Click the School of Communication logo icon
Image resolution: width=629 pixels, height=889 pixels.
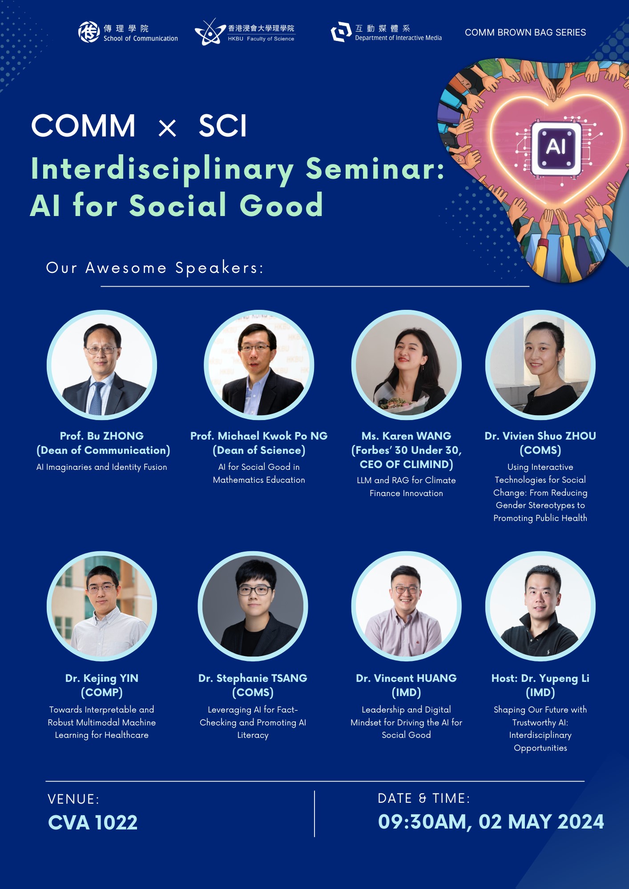89,32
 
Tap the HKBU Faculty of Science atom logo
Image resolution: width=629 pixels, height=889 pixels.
210,32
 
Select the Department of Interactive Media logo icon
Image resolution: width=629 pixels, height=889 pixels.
341,32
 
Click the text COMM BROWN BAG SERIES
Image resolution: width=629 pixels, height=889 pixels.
525,32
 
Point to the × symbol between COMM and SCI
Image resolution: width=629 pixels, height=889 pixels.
167,128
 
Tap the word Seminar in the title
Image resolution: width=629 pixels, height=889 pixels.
375,169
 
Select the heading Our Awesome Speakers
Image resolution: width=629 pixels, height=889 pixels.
155,268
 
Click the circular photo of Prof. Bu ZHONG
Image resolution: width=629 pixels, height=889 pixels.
102,365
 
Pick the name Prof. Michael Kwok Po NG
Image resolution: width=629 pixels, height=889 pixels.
259,436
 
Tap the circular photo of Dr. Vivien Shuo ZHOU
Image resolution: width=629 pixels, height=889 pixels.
540,365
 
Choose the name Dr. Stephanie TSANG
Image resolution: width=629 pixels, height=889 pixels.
253,678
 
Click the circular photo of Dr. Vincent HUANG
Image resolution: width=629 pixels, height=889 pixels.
407,606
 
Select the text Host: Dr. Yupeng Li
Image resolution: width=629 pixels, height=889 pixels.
540,678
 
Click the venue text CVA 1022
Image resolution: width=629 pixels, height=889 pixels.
93,822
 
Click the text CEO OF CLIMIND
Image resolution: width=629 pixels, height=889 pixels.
407,465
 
